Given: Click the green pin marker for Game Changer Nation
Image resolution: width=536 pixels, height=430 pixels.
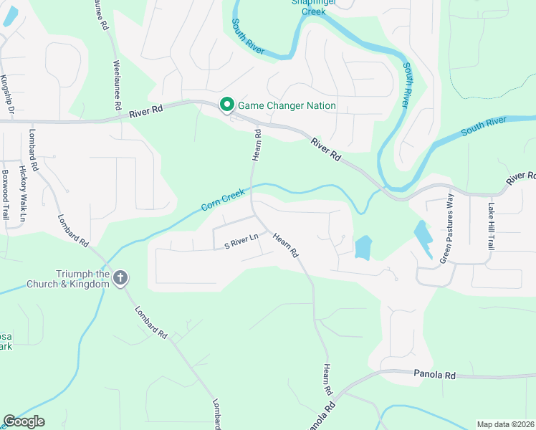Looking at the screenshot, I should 227,105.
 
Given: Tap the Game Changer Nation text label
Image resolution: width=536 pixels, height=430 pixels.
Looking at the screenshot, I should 287,105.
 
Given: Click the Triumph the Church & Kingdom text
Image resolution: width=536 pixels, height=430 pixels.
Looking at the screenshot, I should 83,278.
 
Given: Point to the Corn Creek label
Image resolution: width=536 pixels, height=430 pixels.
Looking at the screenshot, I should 223,199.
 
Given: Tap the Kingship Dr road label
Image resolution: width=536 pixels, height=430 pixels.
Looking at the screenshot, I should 6,95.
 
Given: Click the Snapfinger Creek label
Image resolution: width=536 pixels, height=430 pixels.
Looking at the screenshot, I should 314,6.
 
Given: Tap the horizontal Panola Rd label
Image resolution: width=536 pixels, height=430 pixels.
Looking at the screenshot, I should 434,375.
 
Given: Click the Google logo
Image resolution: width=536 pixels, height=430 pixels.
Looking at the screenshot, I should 24,421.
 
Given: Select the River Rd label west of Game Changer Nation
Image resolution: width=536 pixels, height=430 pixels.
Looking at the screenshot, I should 146,112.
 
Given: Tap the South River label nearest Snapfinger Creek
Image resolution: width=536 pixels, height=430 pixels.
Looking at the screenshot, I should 247,36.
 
